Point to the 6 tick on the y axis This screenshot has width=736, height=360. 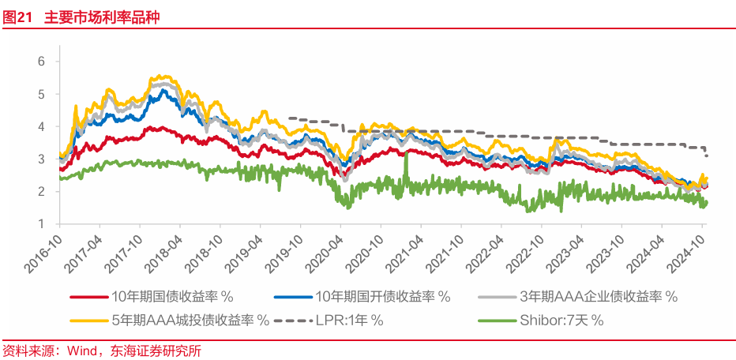(x=42, y=62)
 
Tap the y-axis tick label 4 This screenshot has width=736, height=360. (x=42, y=126)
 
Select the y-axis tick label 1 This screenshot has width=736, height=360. (x=42, y=224)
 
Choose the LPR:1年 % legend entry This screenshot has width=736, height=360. (x=344, y=320)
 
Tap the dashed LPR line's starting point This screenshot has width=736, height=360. (x=290, y=118)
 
